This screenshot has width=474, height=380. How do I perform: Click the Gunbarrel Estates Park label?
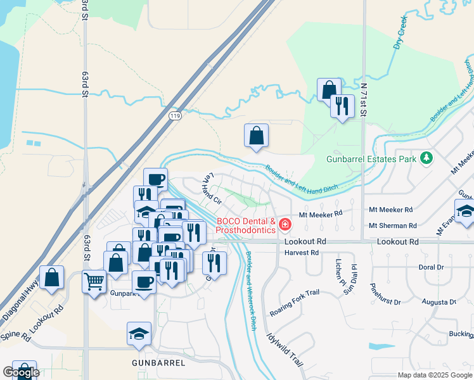pos(371,158)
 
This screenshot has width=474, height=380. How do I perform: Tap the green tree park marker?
pos(427,157)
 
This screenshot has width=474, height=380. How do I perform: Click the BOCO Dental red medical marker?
pos(285,224)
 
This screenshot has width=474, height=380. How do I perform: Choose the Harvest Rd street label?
pos(301,252)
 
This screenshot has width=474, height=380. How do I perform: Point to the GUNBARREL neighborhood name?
pos(158,363)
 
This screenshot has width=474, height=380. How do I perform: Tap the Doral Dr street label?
pos(431,267)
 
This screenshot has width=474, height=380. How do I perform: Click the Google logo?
pos(21,372)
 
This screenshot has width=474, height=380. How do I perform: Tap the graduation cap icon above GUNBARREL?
pos(139,333)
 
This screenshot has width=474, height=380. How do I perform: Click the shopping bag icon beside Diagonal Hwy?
pos(51,277)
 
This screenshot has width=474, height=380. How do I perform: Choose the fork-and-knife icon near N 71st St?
pos(342,105)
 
